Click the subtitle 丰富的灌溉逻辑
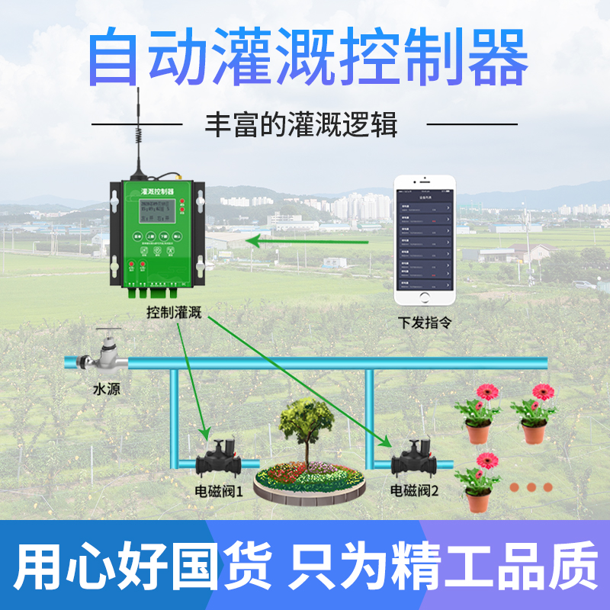(301, 124)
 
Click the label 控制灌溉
(174, 313)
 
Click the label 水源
(106, 390)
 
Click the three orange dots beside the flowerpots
(531, 486)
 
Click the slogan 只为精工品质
(443, 564)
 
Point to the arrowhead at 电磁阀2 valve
(387, 443)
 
